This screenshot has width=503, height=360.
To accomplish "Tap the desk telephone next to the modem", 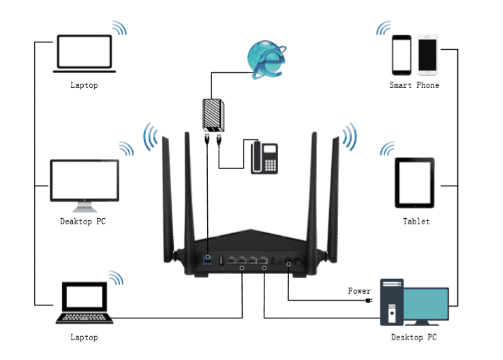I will pyautogui.click(x=264, y=157).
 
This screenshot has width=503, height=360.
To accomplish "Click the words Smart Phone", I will pyautogui.click(x=414, y=85).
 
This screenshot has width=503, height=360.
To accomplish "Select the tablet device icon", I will pyautogui.click(x=414, y=183).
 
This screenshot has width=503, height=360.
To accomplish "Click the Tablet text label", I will pyautogui.click(x=416, y=222).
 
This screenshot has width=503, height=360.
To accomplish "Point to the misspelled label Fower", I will pyautogui.click(x=359, y=291).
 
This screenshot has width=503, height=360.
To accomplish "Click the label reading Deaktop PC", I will pyautogui.click(x=83, y=222).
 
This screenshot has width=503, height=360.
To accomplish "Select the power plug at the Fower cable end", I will pyautogui.click(x=369, y=300).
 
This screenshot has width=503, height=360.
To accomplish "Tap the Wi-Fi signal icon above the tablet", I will pyautogui.click(x=388, y=148).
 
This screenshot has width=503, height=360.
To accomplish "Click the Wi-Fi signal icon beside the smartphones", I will pyautogui.click(x=382, y=28).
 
